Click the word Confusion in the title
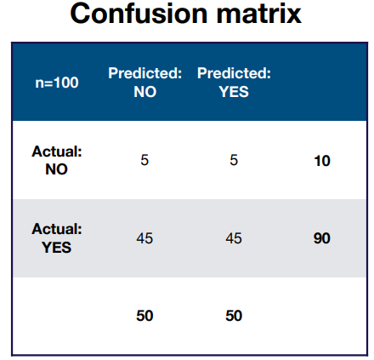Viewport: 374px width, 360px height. pos(139,14)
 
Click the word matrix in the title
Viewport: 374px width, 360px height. pos(259,14)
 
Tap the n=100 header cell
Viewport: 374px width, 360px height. pos(57,83)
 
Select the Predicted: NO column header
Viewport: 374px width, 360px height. pos(144,83)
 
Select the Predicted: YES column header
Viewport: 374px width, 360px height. pos(234,83)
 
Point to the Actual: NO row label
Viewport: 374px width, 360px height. pos(57,160)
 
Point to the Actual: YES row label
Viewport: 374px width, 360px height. pos(57,238)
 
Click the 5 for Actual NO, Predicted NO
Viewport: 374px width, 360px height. pos(144,160)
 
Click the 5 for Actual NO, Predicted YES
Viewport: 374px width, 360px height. pos(234,160)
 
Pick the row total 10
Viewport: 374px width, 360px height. pos(322,161)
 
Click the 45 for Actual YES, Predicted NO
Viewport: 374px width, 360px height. pos(144,238)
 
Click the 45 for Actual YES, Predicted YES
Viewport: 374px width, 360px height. pos(234,238)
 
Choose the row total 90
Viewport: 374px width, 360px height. pos(322,238)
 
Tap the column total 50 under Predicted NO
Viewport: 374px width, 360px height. pos(144,316)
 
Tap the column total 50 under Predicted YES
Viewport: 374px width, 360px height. pos(234,316)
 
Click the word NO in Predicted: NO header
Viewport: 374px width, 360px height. pos(145,92)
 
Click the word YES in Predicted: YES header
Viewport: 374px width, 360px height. pos(234,92)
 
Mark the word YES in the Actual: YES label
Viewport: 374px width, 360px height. pos(57,248)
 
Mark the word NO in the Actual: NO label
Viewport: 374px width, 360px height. pos(56,169)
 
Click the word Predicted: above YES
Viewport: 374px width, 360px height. pos(234,73)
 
